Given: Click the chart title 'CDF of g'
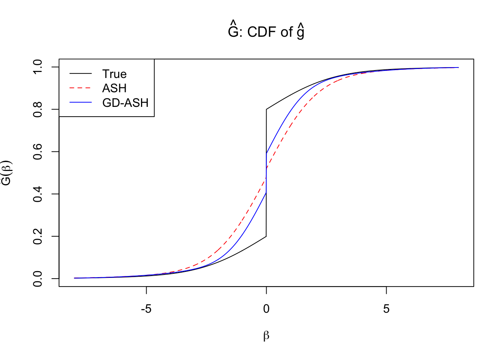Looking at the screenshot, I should point(266,32).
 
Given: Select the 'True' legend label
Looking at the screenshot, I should point(114,74).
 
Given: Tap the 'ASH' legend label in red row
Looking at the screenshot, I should point(114,88).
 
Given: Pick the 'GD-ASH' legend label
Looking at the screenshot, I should point(125,103).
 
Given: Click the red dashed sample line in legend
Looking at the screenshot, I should point(80,88).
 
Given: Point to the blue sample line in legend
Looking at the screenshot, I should point(80,103).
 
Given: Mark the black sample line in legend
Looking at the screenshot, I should point(80,74).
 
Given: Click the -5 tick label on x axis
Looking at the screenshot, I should point(146,309).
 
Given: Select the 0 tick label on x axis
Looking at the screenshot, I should point(266,309).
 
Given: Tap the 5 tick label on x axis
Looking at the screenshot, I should point(386,309).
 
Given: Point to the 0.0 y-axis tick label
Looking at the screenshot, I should point(38,279).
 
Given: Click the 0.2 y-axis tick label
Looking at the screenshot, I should point(38,236).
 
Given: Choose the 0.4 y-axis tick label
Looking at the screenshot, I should point(38,194).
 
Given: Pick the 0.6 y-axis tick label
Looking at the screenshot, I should point(38,151).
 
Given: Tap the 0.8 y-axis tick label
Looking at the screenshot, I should point(38,109).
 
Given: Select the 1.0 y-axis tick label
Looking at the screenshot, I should point(38,67).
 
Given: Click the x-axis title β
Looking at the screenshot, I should point(266,336).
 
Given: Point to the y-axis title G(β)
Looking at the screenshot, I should point(7,172).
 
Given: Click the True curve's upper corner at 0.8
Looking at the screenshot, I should point(266,109).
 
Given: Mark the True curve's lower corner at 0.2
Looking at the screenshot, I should point(266,236).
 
